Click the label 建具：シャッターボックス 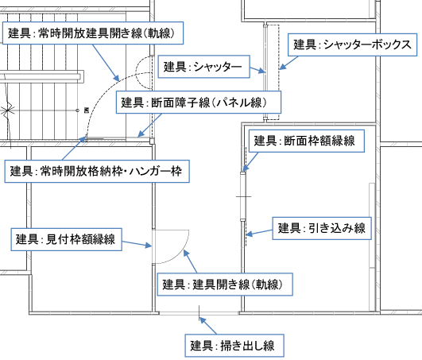point(352,45)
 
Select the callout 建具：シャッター point(203,67)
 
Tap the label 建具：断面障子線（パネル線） point(199,103)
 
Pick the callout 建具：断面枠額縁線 point(307,141)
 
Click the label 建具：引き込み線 point(322,228)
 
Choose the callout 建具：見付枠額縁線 point(66,239)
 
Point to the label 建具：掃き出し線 point(234,346)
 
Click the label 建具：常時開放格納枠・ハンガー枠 point(97,172)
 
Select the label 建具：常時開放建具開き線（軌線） point(93,33)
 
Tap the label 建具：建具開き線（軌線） point(225,285)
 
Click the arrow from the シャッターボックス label point(288,63)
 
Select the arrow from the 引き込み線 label point(259,233)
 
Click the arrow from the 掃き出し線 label point(207,326)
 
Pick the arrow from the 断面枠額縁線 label point(250,162)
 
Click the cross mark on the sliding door point(244,196)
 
